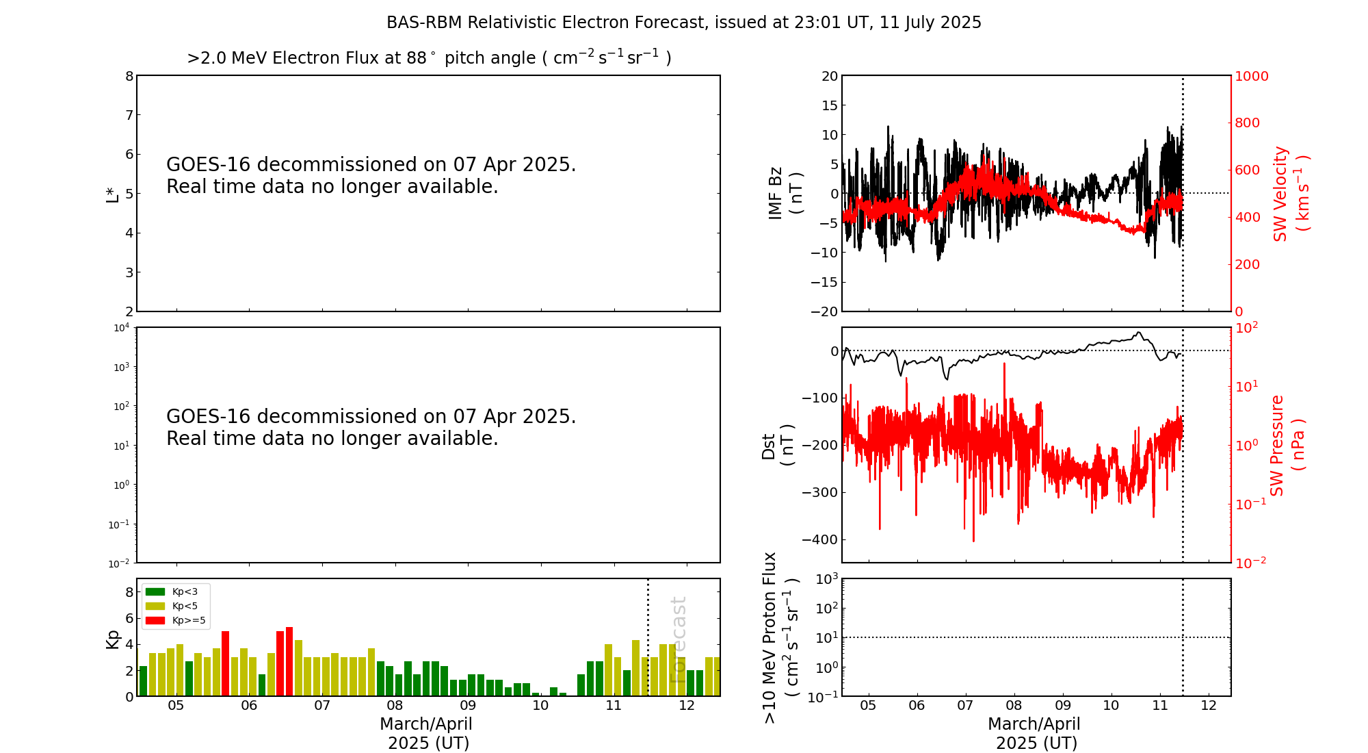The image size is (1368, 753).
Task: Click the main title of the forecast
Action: coord(684,23)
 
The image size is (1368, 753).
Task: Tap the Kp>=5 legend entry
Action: coord(176,620)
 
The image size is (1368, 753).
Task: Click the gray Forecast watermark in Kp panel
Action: coord(678,640)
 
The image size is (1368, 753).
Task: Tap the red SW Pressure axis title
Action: coord(1287,446)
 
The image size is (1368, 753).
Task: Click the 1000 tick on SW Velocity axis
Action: coord(1251,76)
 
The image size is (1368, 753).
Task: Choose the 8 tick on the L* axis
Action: coord(129,76)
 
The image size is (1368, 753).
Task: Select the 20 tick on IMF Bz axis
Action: coord(830,76)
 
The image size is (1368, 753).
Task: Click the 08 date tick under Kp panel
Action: coord(395,706)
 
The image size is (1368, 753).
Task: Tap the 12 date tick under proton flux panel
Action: coord(1209,706)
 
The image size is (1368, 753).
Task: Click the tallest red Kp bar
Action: coord(289,661)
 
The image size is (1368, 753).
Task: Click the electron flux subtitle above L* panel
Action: coord(429,58)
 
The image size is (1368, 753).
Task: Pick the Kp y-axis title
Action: coord(112,639)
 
